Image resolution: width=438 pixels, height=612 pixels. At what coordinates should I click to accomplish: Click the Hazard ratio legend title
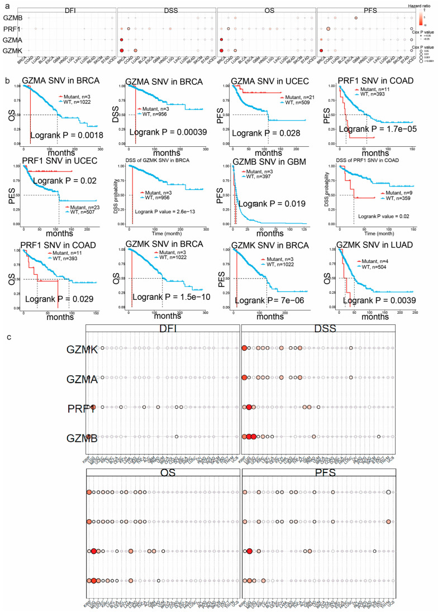click(x=418, y=4)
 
